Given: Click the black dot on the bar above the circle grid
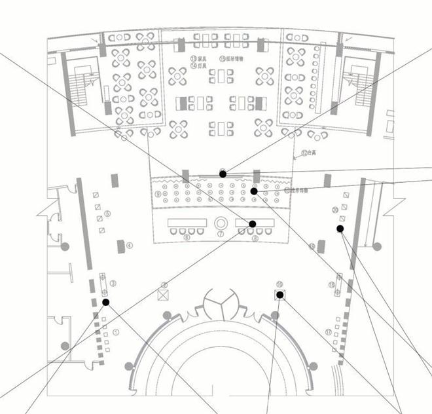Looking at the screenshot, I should pyautogui.click(x=223, y=174).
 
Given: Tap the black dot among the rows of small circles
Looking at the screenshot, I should pyautogui.click(x=254, y=191).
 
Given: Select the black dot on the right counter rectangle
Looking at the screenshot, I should pyautogui.click(x=253, y=224).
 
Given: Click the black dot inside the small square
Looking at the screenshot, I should pyautogui.click(x=279, y=295).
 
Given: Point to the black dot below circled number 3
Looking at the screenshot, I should pyautogui.click(x=105, y=302).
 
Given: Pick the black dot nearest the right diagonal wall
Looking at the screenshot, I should pyautogui.click(x=340, y=229).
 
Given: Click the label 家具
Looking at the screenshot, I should pyautogui.click(x=196, y=59).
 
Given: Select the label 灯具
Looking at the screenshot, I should pyautogui.click(x=196, y=66).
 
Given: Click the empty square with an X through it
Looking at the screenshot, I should pyautogui.click(x=164, y=295).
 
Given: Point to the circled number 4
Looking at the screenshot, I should pyautogui.click(x=130, y=246).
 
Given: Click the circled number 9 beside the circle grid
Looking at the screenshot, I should pyautogui.click(x=158, y=195).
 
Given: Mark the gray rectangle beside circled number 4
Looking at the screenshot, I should pyautogui.click(x=120, y=246).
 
